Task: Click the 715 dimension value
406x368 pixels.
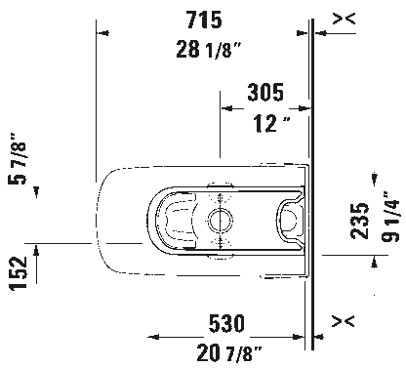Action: (x=201, y=19)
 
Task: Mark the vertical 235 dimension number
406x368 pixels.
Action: (x=358, y=225)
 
